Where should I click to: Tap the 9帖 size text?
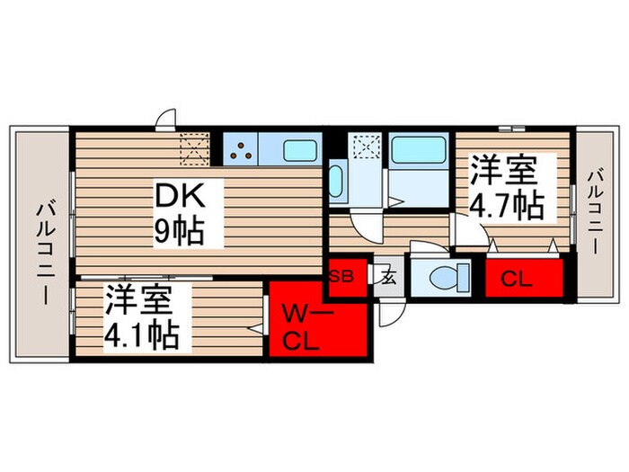pos(178,231)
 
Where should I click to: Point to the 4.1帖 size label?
pos(142,335)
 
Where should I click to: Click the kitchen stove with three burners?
pos(241,150)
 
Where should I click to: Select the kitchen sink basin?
pos(299,150)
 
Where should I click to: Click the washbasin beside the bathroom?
pos(336,182)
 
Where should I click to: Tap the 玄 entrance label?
pos(388,277)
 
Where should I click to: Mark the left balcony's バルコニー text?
pos(44,252)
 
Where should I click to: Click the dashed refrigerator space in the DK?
pos(195,149)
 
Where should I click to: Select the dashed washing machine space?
pos(367,147)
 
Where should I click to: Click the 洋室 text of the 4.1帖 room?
pos(138,299)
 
